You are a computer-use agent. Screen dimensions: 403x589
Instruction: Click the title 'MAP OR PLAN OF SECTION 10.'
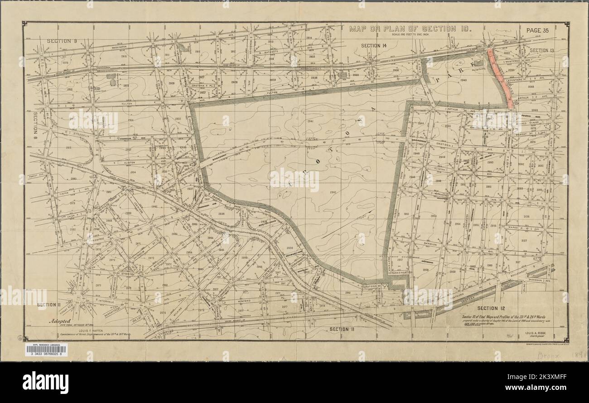410,29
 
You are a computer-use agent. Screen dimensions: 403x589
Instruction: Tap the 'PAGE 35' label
537,30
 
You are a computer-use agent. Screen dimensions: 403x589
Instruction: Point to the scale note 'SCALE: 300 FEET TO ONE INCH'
410,35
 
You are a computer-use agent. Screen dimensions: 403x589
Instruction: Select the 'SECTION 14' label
374,45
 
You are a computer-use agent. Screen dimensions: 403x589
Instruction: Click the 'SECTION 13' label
545,50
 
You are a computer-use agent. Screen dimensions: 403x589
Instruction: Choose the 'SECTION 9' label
62,41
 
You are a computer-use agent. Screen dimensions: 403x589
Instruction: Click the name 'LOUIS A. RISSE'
538,333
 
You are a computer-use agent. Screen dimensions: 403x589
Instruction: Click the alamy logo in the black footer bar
45,382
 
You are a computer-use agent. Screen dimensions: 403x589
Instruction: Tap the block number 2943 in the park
463,80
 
